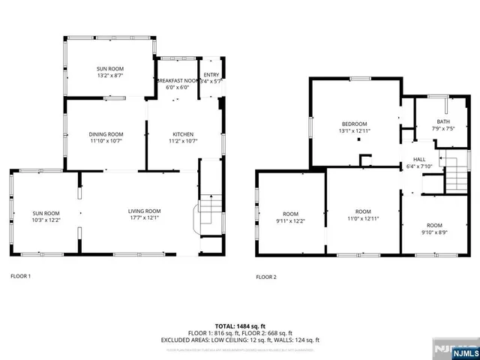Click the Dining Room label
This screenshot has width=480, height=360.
pyautogui.click(x=106, y=134)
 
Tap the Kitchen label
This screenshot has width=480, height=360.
pyautogui.click(x=181, y=134)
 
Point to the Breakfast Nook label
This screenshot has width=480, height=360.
pyautogui.click(x=178, y=80)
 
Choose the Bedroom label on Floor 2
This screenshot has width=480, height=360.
pyautogui.click(x=355, y=124)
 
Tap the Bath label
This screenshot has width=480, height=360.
pyautogui.click(x=443, y=121)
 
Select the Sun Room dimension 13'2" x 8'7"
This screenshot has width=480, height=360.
pyautogui.click(x=105, y=76)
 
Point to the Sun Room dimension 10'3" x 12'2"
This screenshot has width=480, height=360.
pyautogui.click(x=46, y=220)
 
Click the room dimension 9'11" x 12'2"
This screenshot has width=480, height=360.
pyautogui.click(x=289, y=220)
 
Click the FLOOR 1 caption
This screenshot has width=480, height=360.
pyautogui.click(x=20, y=276)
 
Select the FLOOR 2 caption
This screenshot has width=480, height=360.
pyautogui.click(x=266, y=277)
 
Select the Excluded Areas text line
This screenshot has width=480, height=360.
pyautogui.click(x=239, y=340)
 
